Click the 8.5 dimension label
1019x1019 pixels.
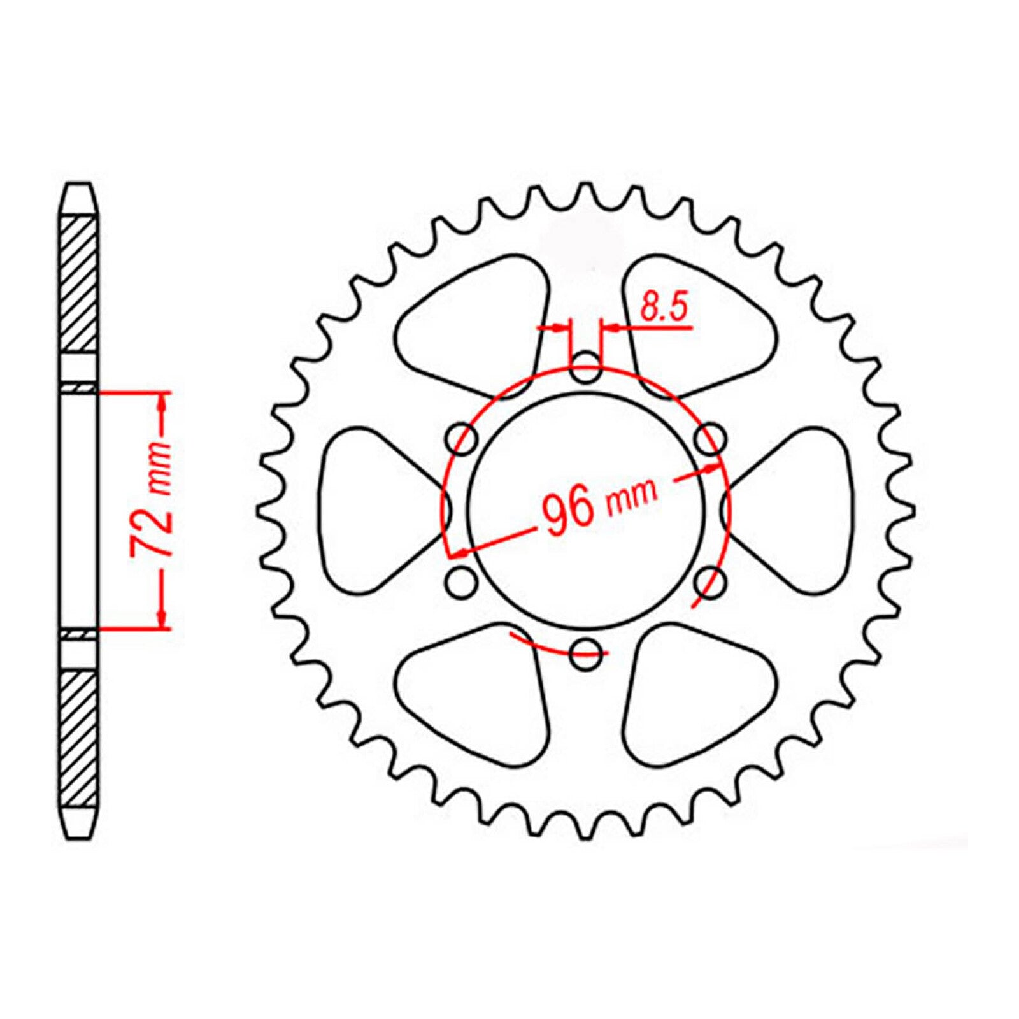tap(664, 308)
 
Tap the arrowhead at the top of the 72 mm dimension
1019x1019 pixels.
tap(162, 402)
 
